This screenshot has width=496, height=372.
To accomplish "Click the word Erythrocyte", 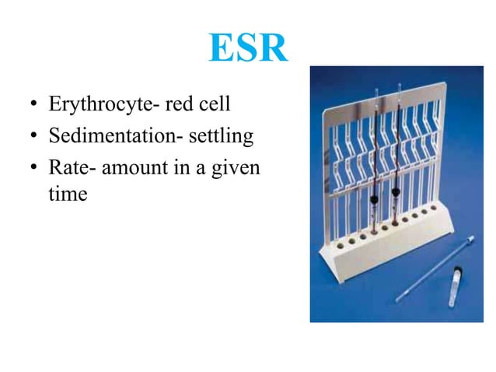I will [96, 104].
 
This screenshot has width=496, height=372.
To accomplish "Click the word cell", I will [227, 104].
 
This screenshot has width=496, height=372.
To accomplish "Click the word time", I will [68, 194].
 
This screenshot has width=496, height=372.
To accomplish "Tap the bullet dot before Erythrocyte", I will [33, 105].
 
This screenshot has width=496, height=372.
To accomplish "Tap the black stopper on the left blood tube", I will [375, 199].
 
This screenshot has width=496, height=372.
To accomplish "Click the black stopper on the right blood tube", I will [397, 189].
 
